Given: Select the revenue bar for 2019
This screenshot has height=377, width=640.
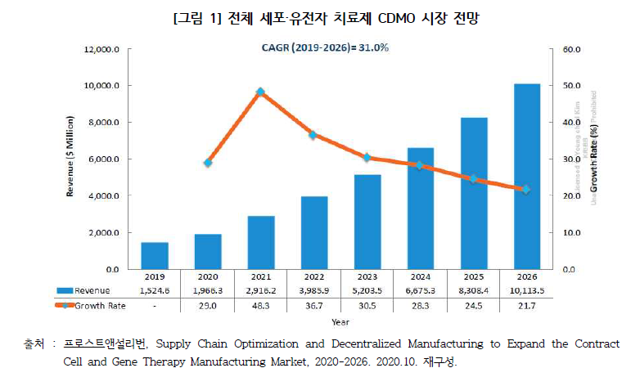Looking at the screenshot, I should point(154,255).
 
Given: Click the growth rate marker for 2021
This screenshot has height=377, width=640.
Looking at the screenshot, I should point(260,92).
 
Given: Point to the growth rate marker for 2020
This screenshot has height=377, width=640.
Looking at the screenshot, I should point(207,163).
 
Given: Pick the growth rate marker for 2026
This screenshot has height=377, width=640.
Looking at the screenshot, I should point(525,189).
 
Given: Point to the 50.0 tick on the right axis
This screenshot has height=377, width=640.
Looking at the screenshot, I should point(570,86).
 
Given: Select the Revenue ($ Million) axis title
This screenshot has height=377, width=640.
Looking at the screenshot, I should point(70,159).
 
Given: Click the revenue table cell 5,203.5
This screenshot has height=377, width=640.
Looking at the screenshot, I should point(367,290).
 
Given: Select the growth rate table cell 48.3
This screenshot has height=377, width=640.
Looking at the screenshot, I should point(260,305).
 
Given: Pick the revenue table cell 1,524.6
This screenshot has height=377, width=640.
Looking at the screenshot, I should point(154,290).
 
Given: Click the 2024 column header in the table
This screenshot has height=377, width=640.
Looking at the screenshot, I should point(420,276).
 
